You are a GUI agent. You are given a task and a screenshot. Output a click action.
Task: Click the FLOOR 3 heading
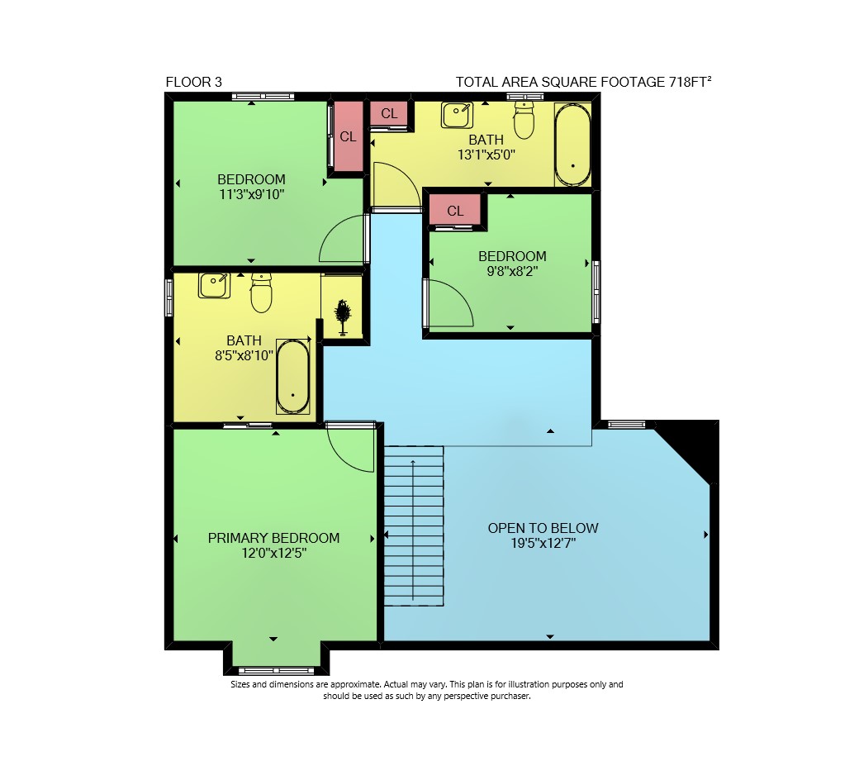193,82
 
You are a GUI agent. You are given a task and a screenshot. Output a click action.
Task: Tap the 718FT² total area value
690,82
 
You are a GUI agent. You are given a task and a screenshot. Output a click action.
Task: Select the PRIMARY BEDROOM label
273,538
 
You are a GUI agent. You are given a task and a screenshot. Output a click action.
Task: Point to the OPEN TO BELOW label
543,528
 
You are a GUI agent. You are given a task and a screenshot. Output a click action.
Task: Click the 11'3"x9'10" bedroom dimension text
251,194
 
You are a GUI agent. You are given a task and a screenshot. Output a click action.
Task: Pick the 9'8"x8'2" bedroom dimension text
512,271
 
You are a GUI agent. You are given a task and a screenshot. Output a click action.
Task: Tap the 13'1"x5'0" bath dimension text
486,155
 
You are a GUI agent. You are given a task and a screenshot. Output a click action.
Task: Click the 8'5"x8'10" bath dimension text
244,355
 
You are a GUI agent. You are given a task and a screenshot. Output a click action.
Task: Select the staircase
413,526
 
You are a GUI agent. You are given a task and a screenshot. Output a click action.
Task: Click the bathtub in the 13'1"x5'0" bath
573,145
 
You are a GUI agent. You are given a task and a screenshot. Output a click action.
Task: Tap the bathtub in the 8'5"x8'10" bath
293,377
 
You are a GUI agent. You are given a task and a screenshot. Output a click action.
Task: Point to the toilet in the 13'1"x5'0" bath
524,119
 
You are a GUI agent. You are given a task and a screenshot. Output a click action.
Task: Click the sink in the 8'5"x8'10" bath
214,285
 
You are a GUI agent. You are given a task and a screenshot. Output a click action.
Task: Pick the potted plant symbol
343,316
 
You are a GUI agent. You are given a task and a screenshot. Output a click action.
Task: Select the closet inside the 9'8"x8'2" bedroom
455,211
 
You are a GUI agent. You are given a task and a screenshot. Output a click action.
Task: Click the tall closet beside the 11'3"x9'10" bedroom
349,136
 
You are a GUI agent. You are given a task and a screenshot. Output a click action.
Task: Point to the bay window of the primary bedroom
276,670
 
